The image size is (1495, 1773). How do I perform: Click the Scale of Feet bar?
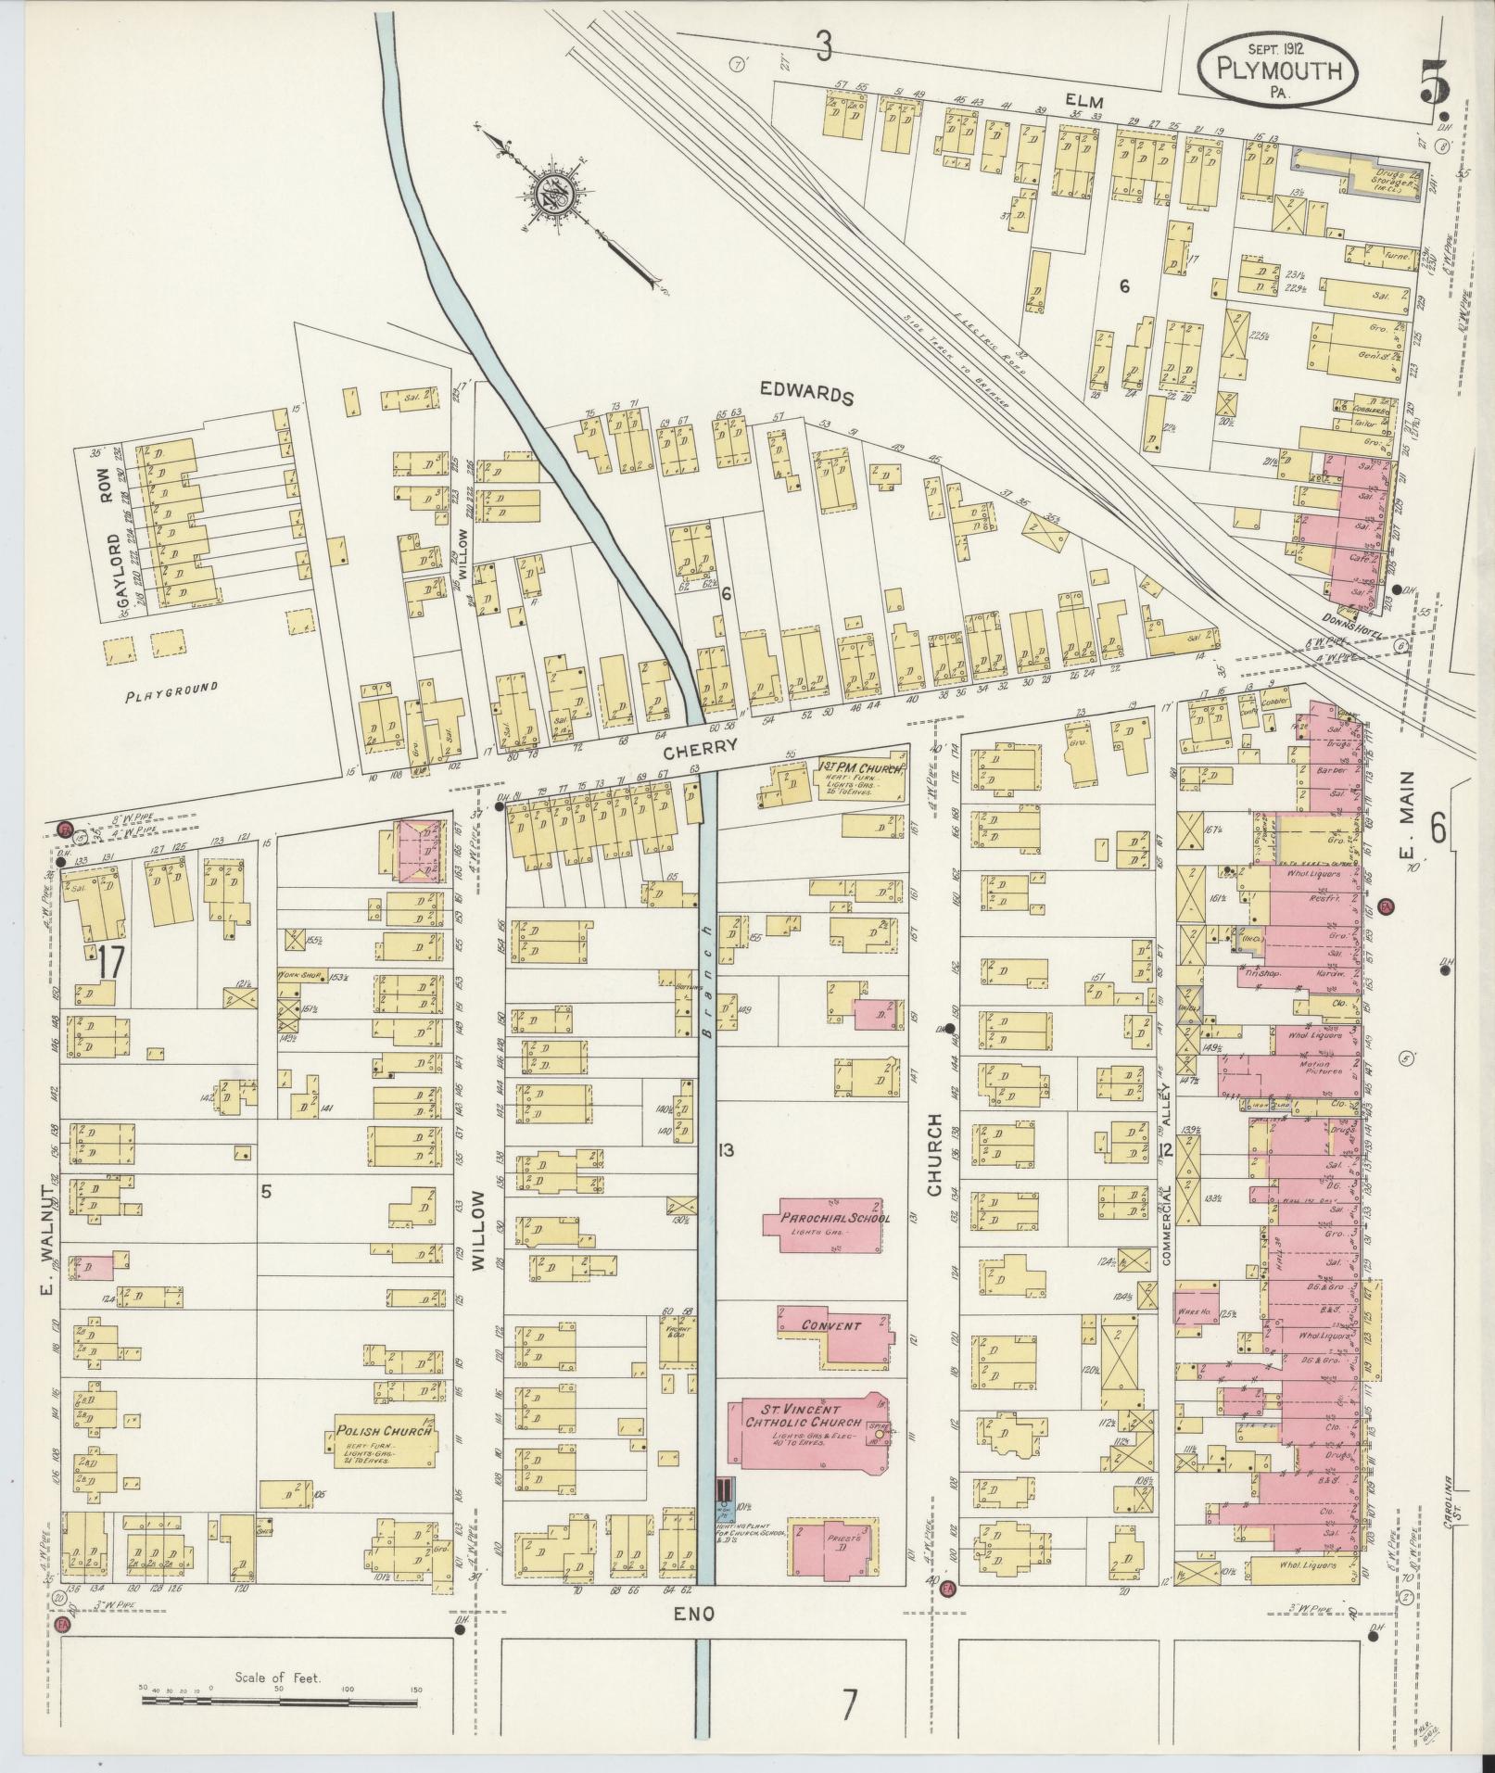click(281, 1701)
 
